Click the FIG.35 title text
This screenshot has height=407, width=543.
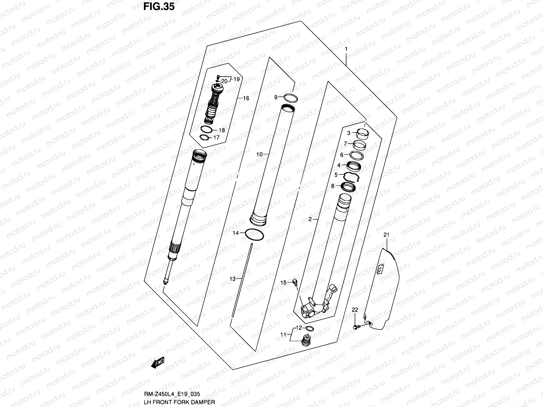159,6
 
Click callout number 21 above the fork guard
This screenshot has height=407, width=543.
386,235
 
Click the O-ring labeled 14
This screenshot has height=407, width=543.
254,235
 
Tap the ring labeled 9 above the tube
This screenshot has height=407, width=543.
291,98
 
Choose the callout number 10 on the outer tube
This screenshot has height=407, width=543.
259,155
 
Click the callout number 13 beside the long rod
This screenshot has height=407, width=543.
232,279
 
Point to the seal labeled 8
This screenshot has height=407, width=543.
349,187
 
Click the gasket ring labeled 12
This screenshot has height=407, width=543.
309,328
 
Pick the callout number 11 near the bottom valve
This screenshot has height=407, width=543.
283,335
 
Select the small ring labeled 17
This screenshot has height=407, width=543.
204,137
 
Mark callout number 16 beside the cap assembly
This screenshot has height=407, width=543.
246,98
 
